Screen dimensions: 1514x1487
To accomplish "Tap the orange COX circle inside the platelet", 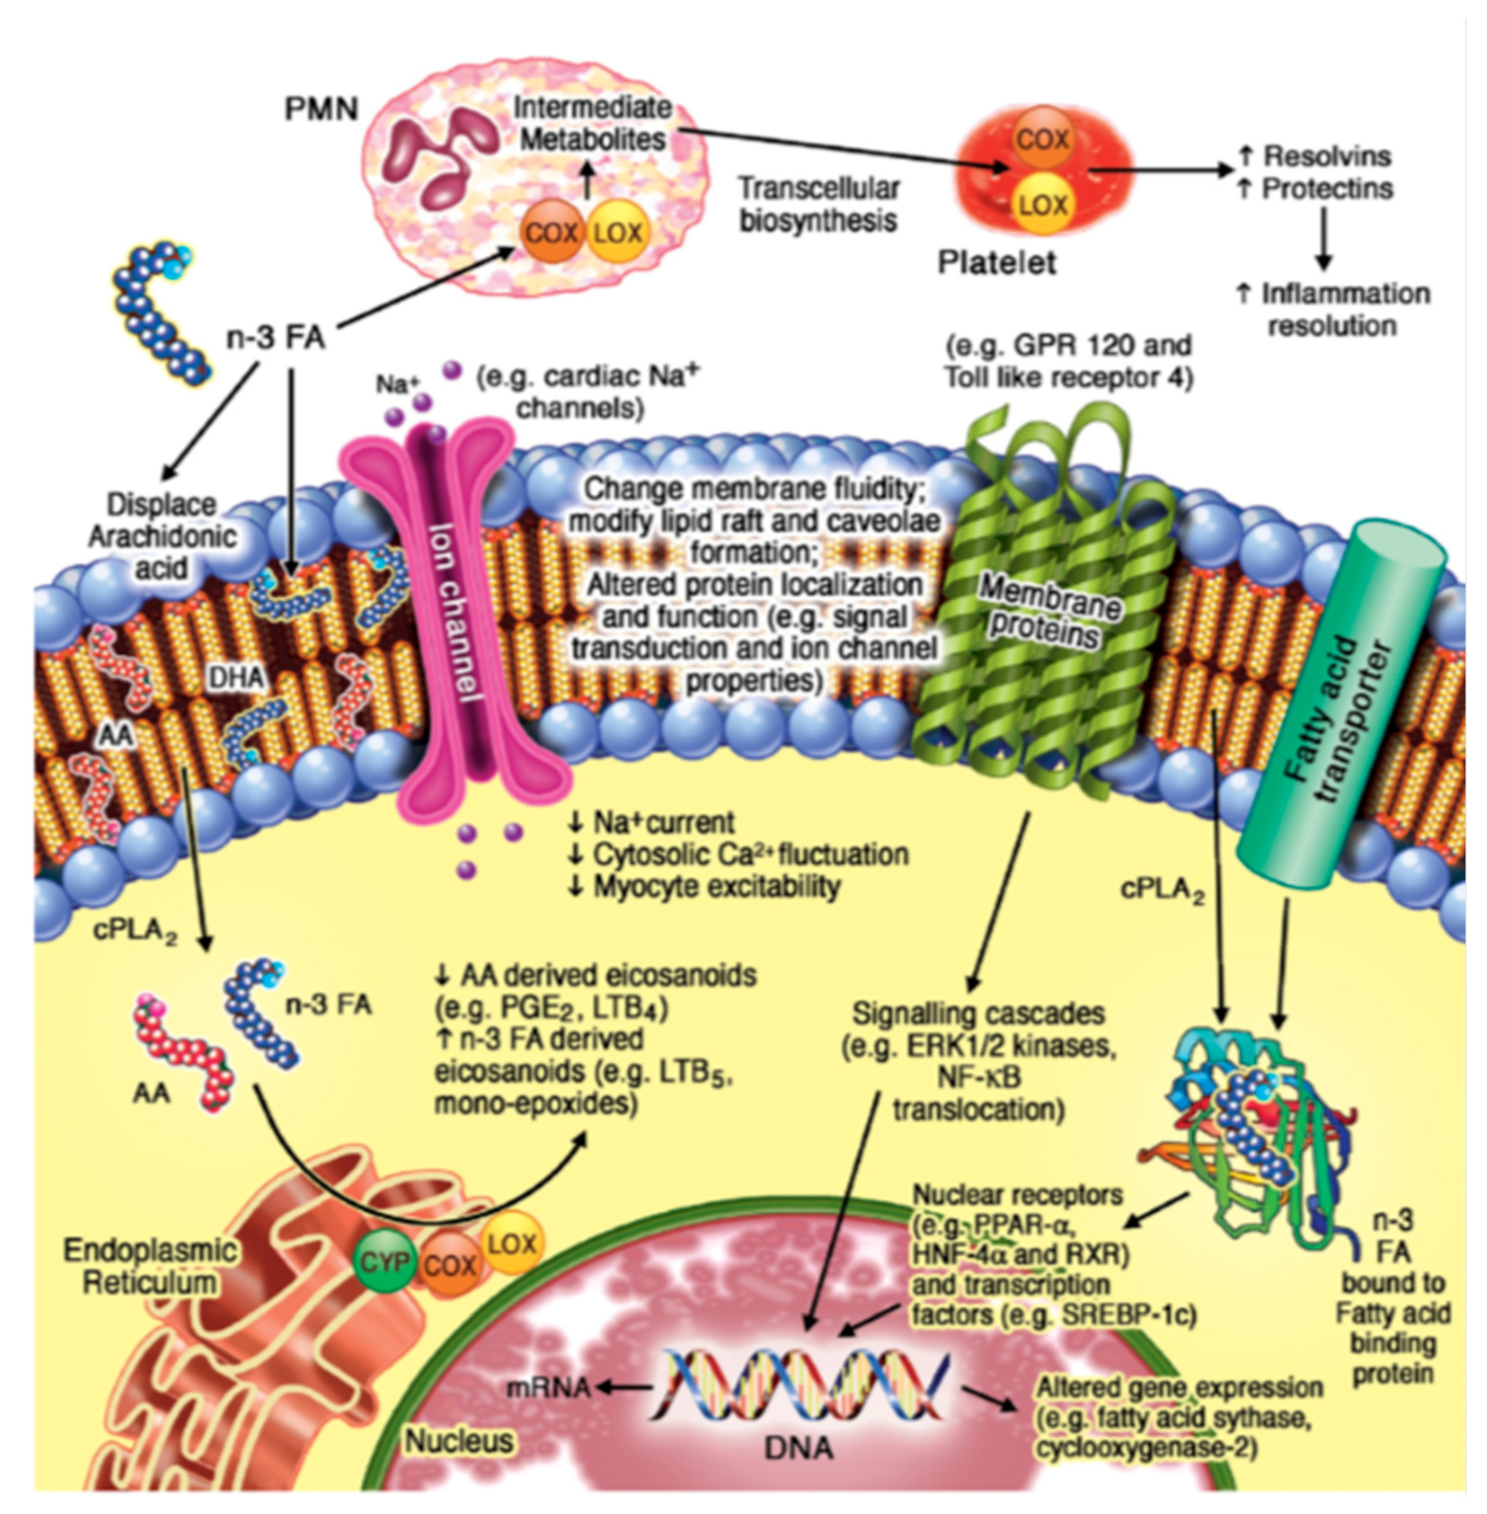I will [1043, 140].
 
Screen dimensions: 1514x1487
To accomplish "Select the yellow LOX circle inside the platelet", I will [1043, 205].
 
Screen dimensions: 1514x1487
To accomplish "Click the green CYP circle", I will [382, 1262].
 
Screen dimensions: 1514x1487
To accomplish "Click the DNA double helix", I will [805, 1386].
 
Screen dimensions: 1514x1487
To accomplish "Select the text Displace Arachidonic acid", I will [162, 536].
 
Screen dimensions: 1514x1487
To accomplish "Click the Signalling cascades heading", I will [978, 1013].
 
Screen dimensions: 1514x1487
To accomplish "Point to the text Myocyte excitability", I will [715, 886].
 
